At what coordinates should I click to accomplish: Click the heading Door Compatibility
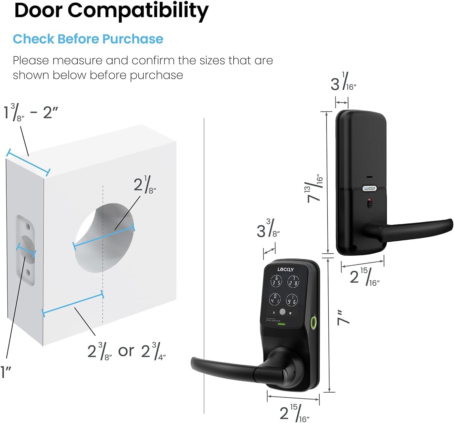point(111,11)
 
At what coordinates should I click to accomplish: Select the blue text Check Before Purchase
point(88,39)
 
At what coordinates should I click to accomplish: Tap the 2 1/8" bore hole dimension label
point(145,185)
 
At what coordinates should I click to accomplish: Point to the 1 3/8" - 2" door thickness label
point(31,112)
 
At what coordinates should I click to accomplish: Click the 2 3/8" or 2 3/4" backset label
point(126,351)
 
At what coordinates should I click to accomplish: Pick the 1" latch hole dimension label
point(6,372)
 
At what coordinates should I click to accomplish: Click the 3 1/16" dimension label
point(343,81)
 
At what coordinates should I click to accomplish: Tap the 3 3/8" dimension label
point(268,228)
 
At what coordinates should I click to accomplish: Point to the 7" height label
point(343,317)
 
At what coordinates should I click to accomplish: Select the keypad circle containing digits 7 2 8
point(293,281)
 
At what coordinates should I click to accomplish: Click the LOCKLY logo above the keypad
point(286,269)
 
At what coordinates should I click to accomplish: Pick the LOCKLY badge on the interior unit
point(369,188)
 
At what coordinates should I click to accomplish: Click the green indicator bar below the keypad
point(283,324)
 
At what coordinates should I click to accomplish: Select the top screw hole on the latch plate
point(28,226)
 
